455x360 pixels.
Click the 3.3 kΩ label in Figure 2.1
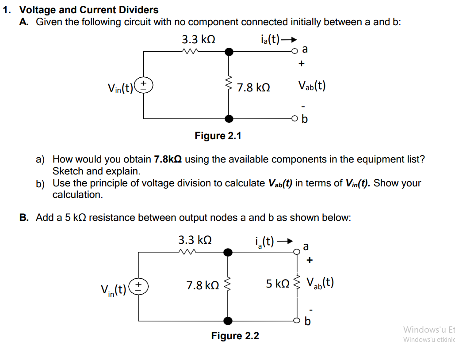[x=199, y=39]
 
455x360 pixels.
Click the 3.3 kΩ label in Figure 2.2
[x=195, y=240]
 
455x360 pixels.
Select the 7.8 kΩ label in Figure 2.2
[x=203, y=286]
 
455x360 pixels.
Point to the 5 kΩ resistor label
[x=277, y=283]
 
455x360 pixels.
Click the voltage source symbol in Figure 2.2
[x=139, y=286]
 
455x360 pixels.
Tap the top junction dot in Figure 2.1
[x=229, y=52]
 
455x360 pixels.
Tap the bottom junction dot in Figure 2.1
[x=229, y=118]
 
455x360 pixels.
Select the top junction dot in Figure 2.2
[x=228, y=252]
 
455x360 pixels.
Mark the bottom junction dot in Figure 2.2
[x=228, y=320]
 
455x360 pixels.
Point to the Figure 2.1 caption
[x=218, y=136]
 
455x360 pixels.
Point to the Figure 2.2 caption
[x=235, y=336]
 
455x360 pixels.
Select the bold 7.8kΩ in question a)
[x=168, y=159]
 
